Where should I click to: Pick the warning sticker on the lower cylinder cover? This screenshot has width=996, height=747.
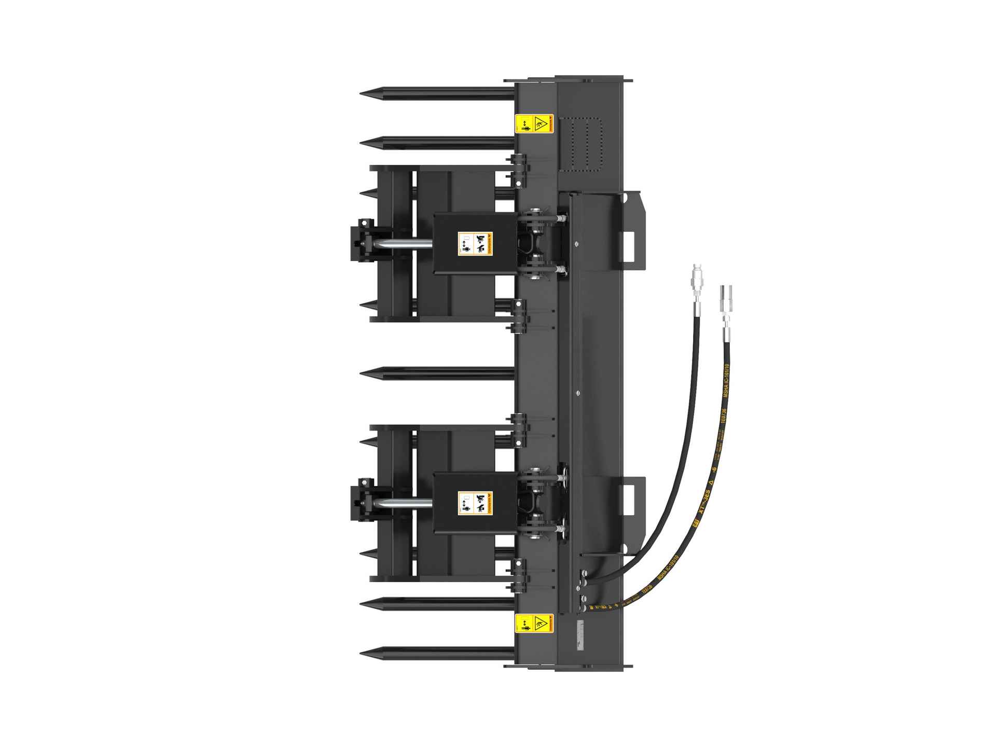coord(476,503)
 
